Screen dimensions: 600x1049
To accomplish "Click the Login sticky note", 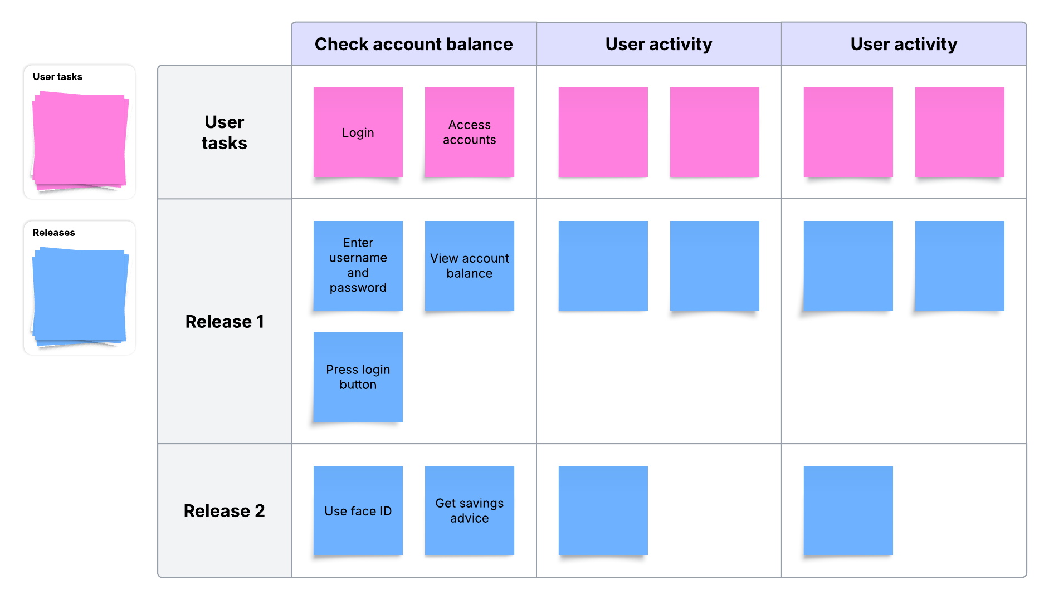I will coord(358,132).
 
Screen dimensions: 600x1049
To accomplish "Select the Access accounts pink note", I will coord(469,132).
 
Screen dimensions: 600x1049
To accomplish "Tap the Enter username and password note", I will coord(358,265).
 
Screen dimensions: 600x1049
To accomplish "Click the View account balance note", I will coord(469,265).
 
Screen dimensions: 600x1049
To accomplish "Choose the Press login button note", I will coord(358,377).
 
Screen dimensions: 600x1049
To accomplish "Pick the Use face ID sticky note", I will coord(358,510).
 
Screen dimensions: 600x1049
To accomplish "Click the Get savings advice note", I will coord(469,510).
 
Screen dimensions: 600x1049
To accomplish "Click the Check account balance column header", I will coord(413,44).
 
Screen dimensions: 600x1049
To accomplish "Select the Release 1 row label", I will coord(224,322).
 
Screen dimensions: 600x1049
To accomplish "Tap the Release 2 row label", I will coord(224,511).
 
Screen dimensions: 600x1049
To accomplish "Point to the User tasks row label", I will coord(224,132).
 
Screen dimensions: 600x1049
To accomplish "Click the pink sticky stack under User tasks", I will coord(80,140).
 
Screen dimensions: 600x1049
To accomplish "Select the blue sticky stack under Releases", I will coord(80,296).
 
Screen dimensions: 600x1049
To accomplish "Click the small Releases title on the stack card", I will coord(53,233).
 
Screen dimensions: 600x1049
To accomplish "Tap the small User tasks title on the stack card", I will coord(57,77).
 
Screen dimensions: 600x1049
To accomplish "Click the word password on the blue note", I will coord(358,288).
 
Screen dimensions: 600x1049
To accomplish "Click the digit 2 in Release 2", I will coord(259,511).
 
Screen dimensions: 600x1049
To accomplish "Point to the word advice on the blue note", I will coord(469,518).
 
